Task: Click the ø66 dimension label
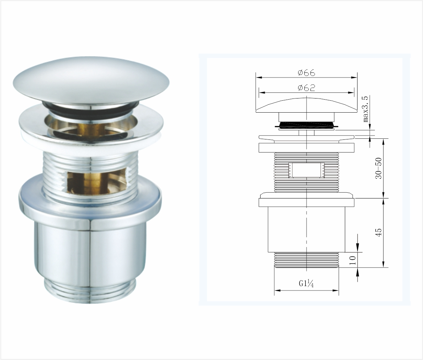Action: [x=306, y=73]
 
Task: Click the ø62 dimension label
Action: [x=306, y=88]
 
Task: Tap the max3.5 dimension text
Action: [x=366, y=109]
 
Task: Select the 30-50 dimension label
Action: [x=379, y=168]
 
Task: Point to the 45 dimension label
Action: [x=379, y=232]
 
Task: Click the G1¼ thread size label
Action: [x=306, y=284]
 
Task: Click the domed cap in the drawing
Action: [x=306, y=105]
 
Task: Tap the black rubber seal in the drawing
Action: [x=306, y=125]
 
